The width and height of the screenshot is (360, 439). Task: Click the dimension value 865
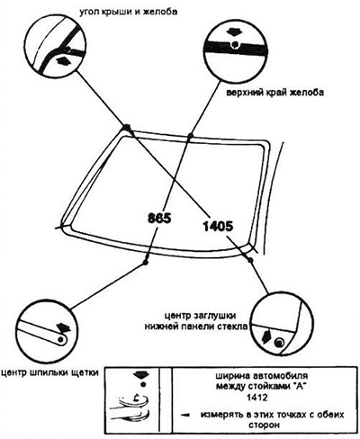pyautogui.click(x=159, y=218)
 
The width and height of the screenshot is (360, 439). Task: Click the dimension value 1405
pyautogui.click(x=218, y=226)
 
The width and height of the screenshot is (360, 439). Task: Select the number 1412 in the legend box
pyautogui.click(x=256, y=398)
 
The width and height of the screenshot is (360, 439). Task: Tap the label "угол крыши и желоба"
pyautogui.click(x=128, y=12)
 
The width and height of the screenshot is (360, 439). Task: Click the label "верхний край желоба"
pyautogui.click(x=274, y=92)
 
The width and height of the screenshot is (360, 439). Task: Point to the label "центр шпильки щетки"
pyautogui.click(x=49, y=372)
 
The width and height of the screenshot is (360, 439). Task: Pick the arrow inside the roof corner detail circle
pyautogui.click(x=63, y=60)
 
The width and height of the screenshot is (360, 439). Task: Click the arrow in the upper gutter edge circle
pyautogui.click(x=235, y=31)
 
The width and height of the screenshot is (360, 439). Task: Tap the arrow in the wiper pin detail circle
pyautogui.click(x=63, y=327)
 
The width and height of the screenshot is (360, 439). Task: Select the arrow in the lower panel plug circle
pyautogui.click(x=266, y=337)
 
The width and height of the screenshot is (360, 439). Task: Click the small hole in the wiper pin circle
pyautogui.click(x=61, y=339)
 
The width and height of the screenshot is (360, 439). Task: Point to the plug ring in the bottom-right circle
pyautogui.click(x=280, y=342)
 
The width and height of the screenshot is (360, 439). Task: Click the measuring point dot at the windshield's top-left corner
pyautogui.click(x=126, y=128)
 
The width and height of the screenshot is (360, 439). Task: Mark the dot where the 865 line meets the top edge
pyautogui.click(x=190, y=136)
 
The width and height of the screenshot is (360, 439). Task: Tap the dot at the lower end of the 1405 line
pyautogui.click(x=250, y=260)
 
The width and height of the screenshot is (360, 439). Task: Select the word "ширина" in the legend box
pyautogui.click(x=233, y=375)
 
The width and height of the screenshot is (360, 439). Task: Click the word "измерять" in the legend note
pyautogui.click(x=220, y=415)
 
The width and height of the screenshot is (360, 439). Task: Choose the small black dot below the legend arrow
pyautogui.click(x=143, y=384)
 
